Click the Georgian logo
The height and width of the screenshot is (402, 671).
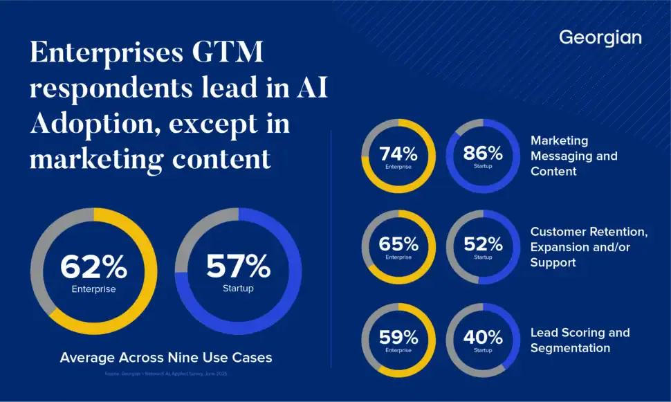tap(600, 37)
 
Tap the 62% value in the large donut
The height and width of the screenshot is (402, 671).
tap(93, 266)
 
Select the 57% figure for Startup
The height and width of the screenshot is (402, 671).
tap(238, 266)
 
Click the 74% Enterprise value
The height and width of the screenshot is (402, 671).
tap(398, 154)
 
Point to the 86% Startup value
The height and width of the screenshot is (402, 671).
tap(483, 154)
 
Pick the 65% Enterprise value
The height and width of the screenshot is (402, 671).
tap(398, 244)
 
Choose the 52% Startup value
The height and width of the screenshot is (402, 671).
tap(483, 244)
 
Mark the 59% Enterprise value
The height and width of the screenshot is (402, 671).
tap(398, 337)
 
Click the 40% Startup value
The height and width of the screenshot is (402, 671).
tap(483, 337)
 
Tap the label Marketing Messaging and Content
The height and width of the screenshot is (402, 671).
tap(573, 156)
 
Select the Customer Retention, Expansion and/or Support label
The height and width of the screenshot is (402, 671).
tap(589, 246)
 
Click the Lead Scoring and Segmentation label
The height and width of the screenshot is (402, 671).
tap(580, 340)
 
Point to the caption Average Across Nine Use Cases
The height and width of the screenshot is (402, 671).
tap(166, 358)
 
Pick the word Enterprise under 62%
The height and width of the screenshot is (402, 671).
tap(93, 289)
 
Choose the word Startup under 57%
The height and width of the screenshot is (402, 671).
tap(238, 289)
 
